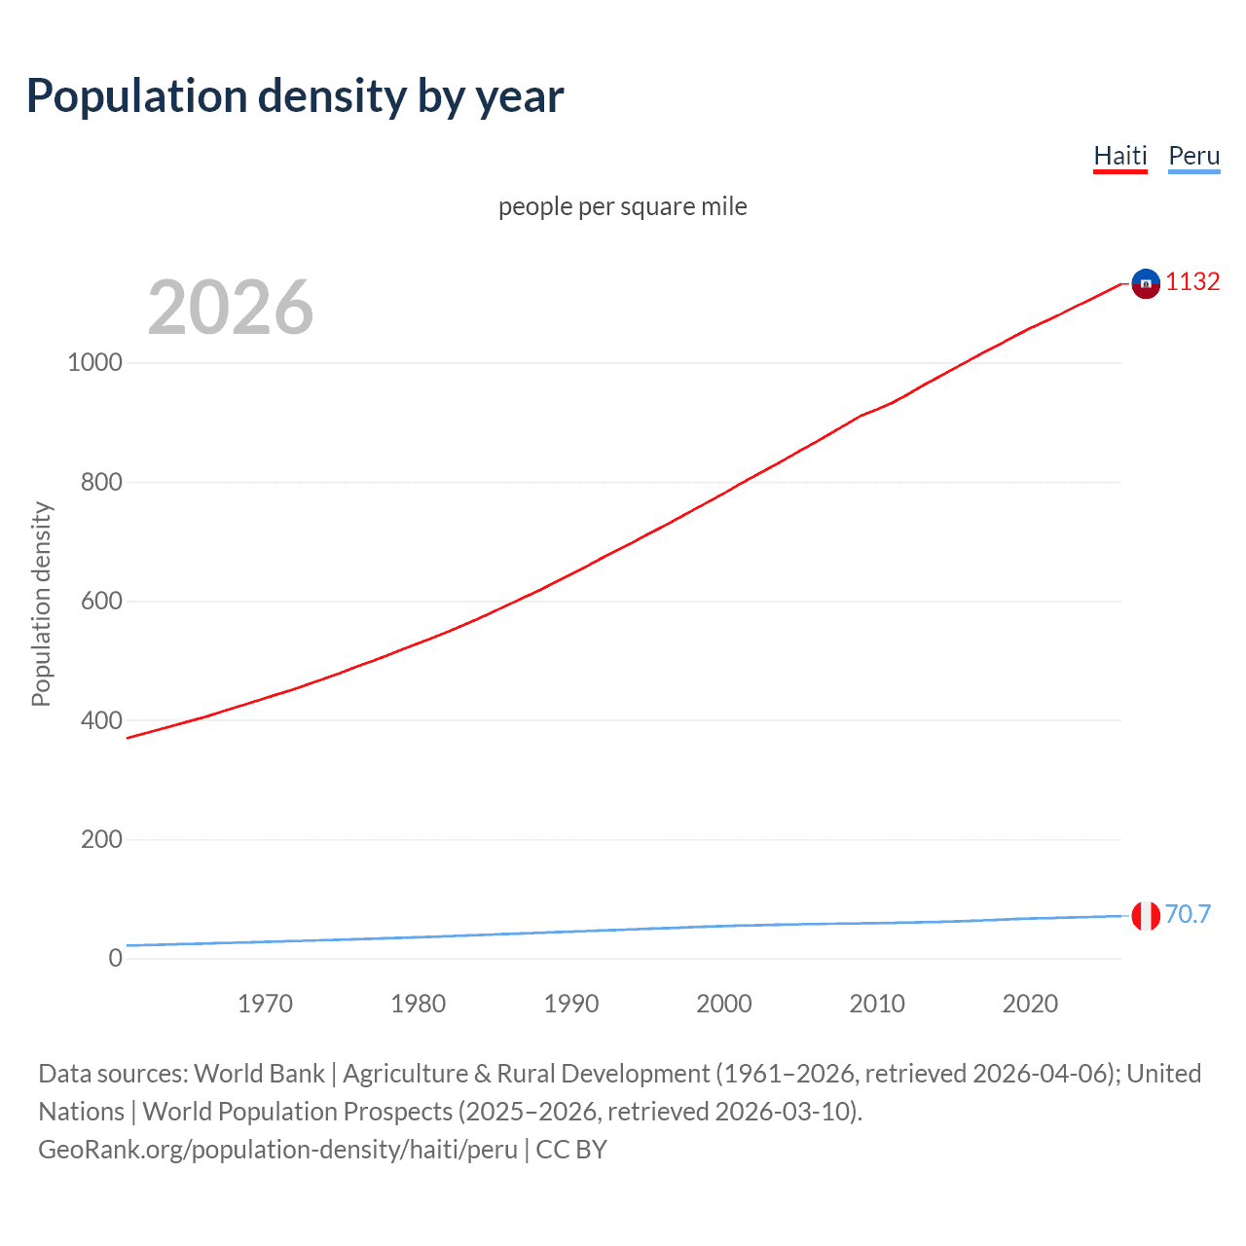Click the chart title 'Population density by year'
295,96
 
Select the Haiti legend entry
1119,156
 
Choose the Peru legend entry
1193,156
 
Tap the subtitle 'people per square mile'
622,207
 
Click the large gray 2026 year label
231,308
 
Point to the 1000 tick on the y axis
94,362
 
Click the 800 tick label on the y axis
101,482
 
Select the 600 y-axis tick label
101,601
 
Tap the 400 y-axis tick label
101,720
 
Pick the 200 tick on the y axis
101,839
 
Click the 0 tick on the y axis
116,958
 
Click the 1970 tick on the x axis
265,1004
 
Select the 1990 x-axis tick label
571,1004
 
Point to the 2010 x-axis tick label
877,1004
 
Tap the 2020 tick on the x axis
1030,1004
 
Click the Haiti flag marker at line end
1146,283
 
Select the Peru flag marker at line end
1146,916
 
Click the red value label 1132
1192,282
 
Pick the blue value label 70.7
1188,915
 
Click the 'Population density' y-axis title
41,604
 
